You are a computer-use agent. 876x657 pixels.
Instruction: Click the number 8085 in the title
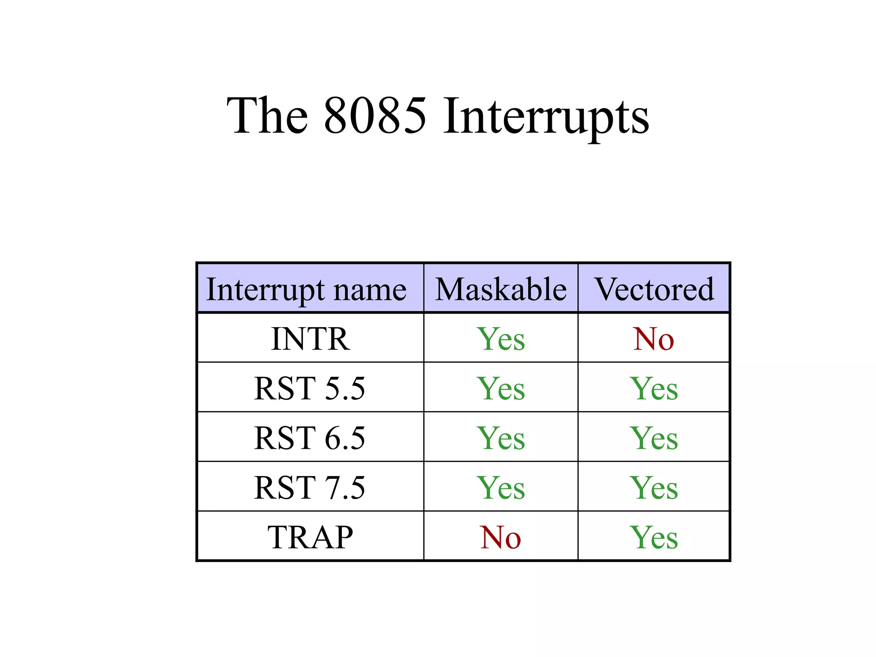375,115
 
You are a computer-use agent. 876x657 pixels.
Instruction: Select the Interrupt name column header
306,290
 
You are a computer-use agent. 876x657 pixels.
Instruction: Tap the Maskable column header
501,290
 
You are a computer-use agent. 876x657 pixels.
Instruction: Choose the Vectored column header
654,290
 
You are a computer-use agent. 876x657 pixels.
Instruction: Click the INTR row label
311,339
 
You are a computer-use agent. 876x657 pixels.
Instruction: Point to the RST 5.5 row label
310,388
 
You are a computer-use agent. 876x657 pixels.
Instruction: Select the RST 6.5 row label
310,438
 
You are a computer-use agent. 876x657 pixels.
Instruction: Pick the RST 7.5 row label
310,488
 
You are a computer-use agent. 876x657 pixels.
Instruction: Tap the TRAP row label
311,537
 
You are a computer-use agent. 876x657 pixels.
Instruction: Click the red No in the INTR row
654,339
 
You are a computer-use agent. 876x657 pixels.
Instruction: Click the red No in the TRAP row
500,537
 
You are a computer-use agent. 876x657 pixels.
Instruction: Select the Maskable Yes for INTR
501,339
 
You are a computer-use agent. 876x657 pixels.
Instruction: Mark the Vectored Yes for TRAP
654,537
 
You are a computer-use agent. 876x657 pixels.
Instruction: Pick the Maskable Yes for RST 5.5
501,388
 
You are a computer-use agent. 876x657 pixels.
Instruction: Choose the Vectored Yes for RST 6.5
654,438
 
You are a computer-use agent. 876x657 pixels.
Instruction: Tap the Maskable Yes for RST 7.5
501,488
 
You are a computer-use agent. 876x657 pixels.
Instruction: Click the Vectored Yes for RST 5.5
654,388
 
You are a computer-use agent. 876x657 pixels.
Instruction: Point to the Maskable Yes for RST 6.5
501,438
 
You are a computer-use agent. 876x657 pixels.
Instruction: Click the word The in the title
267,115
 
